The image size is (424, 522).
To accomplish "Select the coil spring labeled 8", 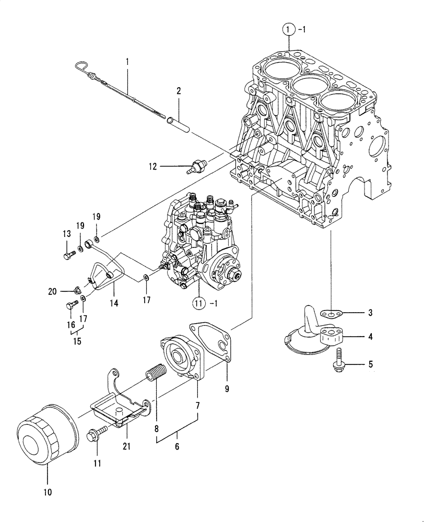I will coord(155,374).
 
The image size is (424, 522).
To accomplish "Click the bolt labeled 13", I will coord(68,256).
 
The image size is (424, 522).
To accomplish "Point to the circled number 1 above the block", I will coord(289,30).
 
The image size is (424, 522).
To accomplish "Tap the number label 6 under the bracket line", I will coord(177,447).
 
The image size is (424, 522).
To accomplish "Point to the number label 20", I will coord(52,291).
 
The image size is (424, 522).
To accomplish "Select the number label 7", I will coord(198,405).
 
